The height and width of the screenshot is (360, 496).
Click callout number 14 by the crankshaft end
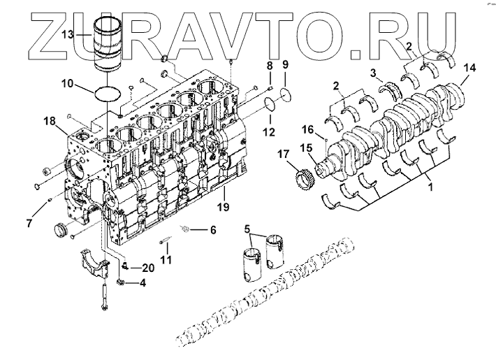pyautogui.click(x=471, y=68)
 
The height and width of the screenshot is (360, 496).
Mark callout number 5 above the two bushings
pyautogui.click(x=247, y=229)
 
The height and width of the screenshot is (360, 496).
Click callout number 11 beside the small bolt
pyautogui.click(x=166, y=259)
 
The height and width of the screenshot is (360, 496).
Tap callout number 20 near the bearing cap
pyautogui.click(x=147, y=268)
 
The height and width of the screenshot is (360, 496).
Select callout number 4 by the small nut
pyautogui.click(x=143, y=283)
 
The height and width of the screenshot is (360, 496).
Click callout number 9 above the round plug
pyautogui.click(x=286, y=65)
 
